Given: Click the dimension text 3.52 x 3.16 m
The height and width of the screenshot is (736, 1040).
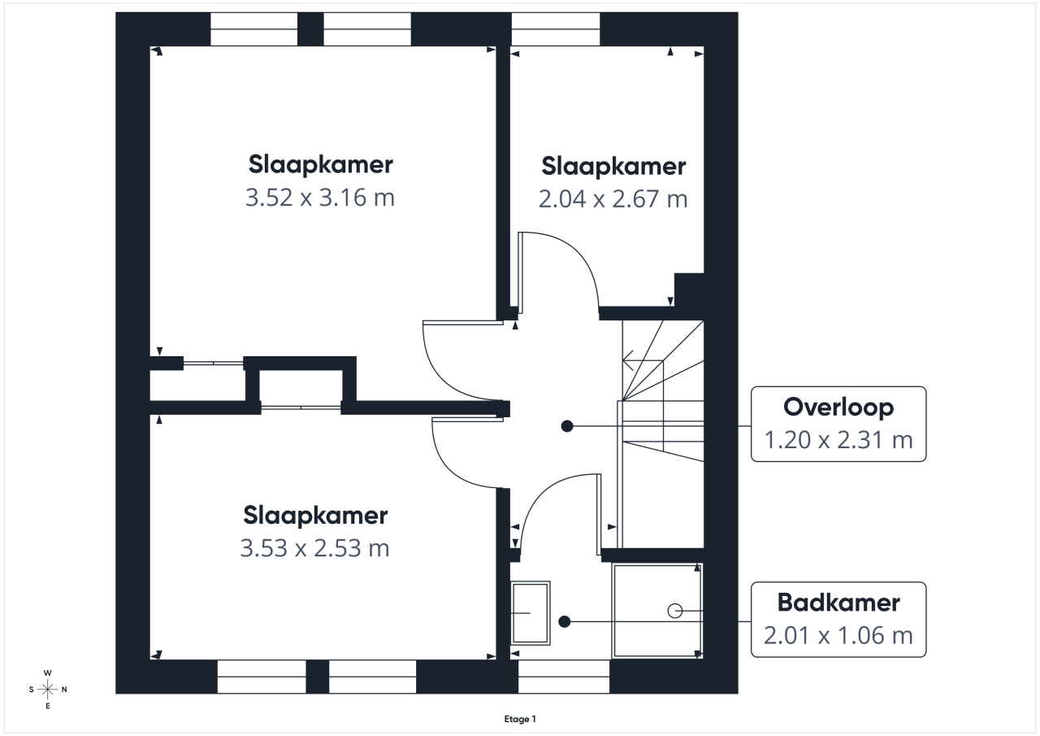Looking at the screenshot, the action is (320, 198).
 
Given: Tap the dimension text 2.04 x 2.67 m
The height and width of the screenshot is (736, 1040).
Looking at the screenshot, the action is (613, 199).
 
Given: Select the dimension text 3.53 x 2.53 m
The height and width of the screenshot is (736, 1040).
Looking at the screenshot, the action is (314, 548).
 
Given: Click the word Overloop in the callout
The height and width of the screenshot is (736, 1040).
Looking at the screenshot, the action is (838, 407).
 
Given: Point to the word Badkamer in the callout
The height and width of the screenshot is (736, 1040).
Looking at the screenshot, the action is (838, 603).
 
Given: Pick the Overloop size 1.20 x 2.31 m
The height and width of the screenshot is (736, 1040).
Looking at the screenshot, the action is (838, 440).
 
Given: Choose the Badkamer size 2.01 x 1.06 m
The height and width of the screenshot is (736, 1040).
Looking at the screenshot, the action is (838, 636).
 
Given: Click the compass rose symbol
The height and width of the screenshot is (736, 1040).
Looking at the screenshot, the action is (47, 690).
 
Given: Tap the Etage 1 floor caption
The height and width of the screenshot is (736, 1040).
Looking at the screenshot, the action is (520, 719).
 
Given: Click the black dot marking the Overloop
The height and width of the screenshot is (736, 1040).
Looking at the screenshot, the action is (567, 426).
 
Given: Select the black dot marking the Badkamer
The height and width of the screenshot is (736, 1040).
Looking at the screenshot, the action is (565, 621).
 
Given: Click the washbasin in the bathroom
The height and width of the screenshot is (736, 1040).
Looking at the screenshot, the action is (531, 613).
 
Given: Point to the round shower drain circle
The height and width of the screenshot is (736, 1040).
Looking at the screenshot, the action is (675, 611).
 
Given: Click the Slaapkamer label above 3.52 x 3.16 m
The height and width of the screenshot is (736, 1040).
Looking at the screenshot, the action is (321, 165).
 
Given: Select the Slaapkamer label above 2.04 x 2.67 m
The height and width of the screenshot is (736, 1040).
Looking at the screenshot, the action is (613, 167).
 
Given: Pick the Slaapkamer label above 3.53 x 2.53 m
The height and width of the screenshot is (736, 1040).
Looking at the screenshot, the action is (316, 516).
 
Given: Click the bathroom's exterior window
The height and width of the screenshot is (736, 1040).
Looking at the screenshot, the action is (564, 677).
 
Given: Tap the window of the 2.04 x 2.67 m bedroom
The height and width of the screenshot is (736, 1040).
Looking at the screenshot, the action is (556, 29).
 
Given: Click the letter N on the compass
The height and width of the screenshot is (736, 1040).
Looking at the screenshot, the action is (64, 690).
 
